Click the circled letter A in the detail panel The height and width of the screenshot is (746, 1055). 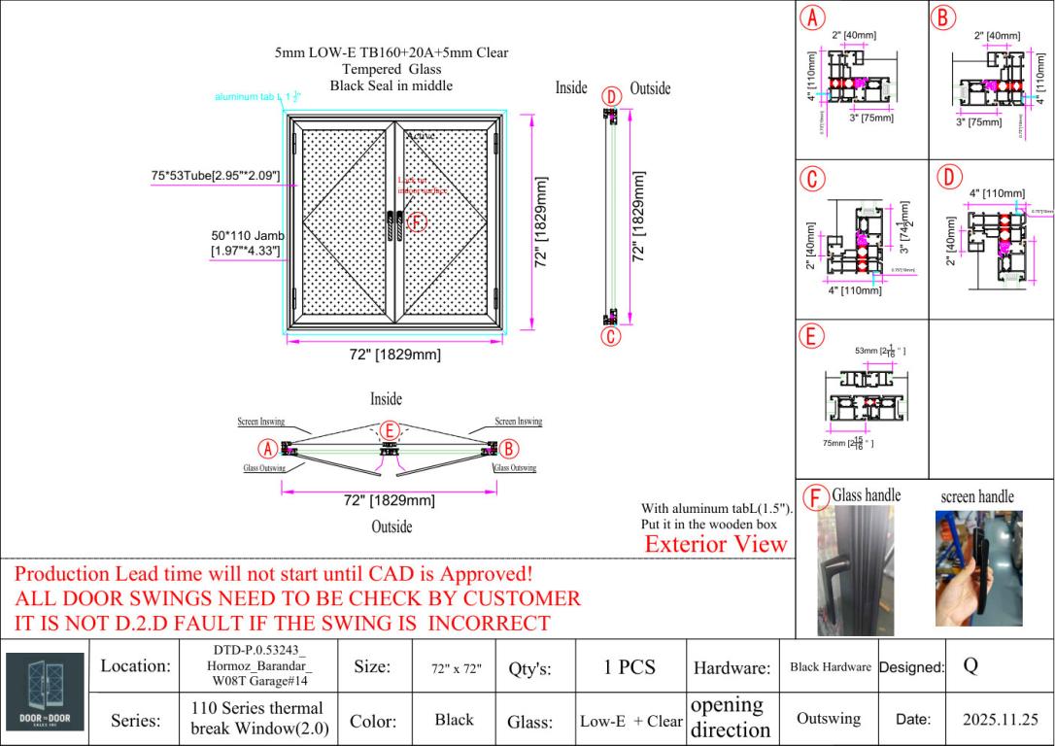coord(811,17)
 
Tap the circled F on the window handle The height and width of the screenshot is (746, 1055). coord(417,223)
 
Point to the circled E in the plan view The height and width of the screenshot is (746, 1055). coord(389,429)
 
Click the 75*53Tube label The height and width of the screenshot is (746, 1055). coord(215,176)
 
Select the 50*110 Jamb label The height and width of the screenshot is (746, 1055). coord(245,244)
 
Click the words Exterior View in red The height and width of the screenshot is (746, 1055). coord(716,544)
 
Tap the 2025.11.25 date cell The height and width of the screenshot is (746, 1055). coord(1002,720)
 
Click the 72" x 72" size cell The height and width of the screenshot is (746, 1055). coord(455,668)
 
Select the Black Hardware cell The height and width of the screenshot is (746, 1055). coord(831,667)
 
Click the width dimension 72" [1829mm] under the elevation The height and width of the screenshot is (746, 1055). coord(394,355)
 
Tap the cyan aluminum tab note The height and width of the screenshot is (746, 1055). coord(250,97)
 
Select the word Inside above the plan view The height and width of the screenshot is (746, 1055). coord(386,398)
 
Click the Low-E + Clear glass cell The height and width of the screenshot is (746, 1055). coord(631,721)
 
